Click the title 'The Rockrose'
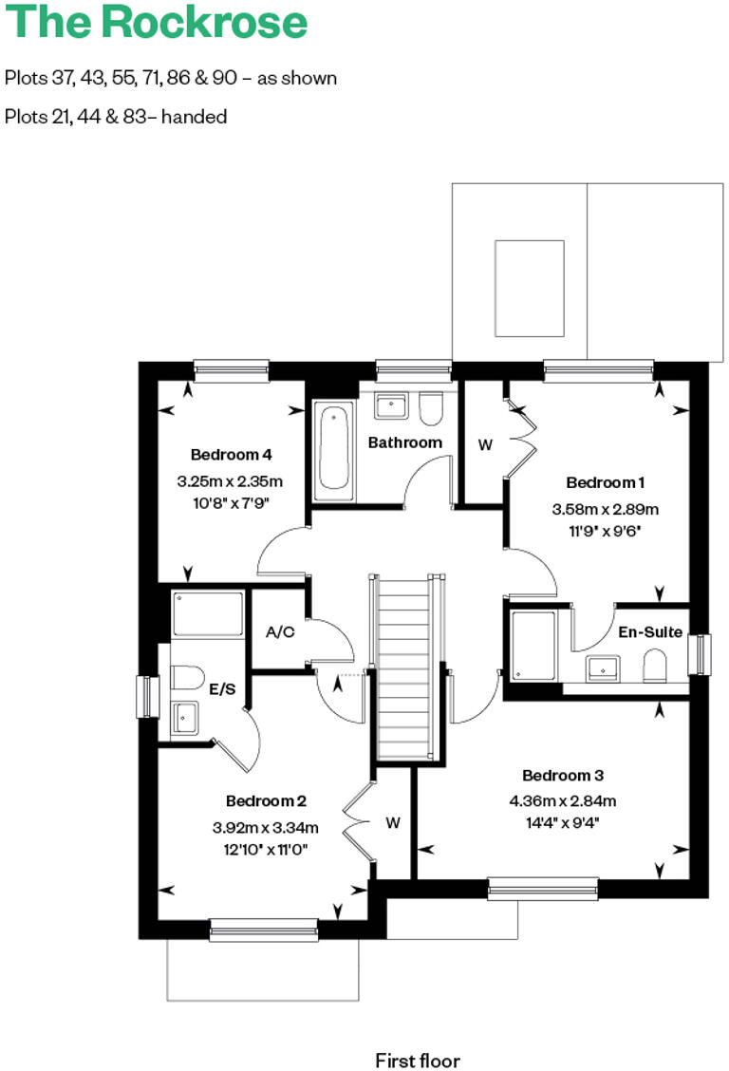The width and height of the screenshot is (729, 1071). [157, 23]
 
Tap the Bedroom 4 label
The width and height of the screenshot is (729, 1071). [231, 454]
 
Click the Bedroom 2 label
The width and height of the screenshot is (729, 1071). [265, 800]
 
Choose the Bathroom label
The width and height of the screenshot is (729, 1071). [405, 442]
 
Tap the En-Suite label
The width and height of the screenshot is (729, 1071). [650, 631]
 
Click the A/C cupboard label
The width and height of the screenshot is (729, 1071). [280, 632]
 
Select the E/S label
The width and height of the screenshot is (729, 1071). [222, 689]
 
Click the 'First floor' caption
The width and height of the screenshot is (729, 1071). [418, 1033]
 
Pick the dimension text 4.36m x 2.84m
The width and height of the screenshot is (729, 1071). [563, 799]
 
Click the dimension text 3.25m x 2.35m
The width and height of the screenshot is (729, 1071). [230, 481]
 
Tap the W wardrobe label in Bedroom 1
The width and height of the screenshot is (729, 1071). [485, 444]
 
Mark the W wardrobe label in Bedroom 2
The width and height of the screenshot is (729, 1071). [393, 823]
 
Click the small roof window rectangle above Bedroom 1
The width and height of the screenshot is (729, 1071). [530, 288]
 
